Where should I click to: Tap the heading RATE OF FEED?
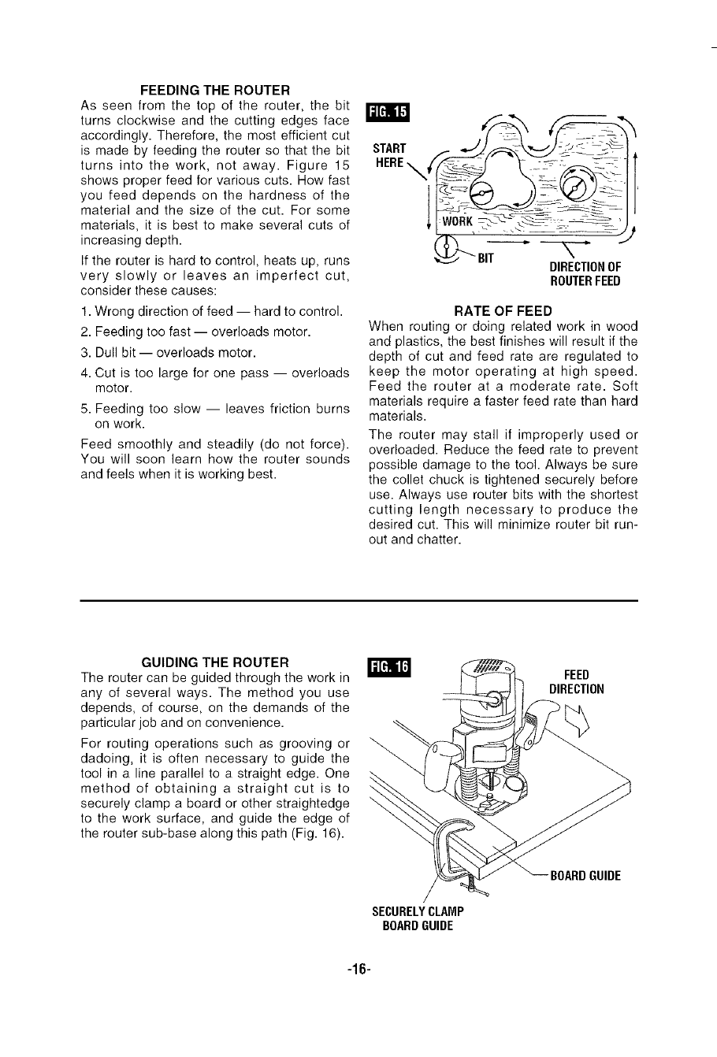pyautogui.click(x=503, y=310)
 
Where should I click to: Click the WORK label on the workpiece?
pyautogui.click(x=457, y=221)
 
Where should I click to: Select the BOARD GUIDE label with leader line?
pyautogui.click(x=585, y=875)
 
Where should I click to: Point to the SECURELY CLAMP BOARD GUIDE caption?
pyautogui.click(x=418, y=918)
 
